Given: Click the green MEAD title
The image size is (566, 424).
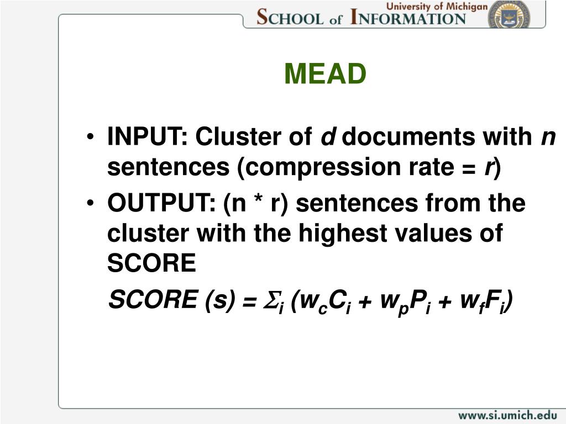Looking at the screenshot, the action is coord(325,74).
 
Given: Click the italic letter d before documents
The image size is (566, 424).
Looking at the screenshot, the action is coord(328,136).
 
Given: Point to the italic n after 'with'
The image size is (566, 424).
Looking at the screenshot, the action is coord(548,137).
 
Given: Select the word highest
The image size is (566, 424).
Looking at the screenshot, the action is coord(343,234).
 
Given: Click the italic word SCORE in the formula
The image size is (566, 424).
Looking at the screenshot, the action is coord(154,299).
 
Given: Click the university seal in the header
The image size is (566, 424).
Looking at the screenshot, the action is coord(509,15).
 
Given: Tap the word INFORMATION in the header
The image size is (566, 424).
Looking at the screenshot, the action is coord(408,17).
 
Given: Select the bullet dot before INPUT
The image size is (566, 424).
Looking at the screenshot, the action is coord(90,137).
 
